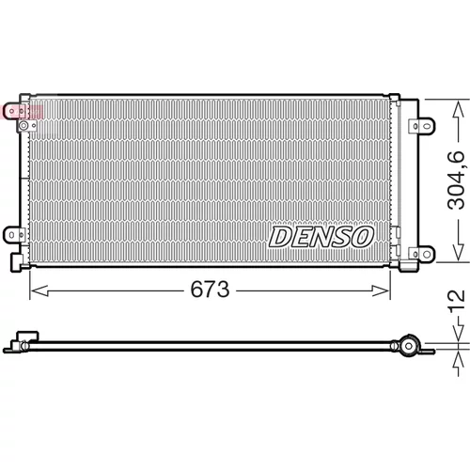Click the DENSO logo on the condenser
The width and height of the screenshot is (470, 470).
click(321, 237)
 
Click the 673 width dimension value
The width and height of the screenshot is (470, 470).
click(210, 290)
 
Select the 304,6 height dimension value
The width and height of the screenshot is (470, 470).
click(456, 180)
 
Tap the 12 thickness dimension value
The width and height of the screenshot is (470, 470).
click(457, 301)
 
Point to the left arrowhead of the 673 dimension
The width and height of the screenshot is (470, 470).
click(39, 290)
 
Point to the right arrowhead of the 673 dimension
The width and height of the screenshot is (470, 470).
click(380, 290)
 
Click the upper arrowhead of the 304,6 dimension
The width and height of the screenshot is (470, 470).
click(458, 109)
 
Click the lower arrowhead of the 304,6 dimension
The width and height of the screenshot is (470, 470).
click(458, 252)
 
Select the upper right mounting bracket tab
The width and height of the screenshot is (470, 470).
click(422, 126)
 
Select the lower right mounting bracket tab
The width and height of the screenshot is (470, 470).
click(422, 254)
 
